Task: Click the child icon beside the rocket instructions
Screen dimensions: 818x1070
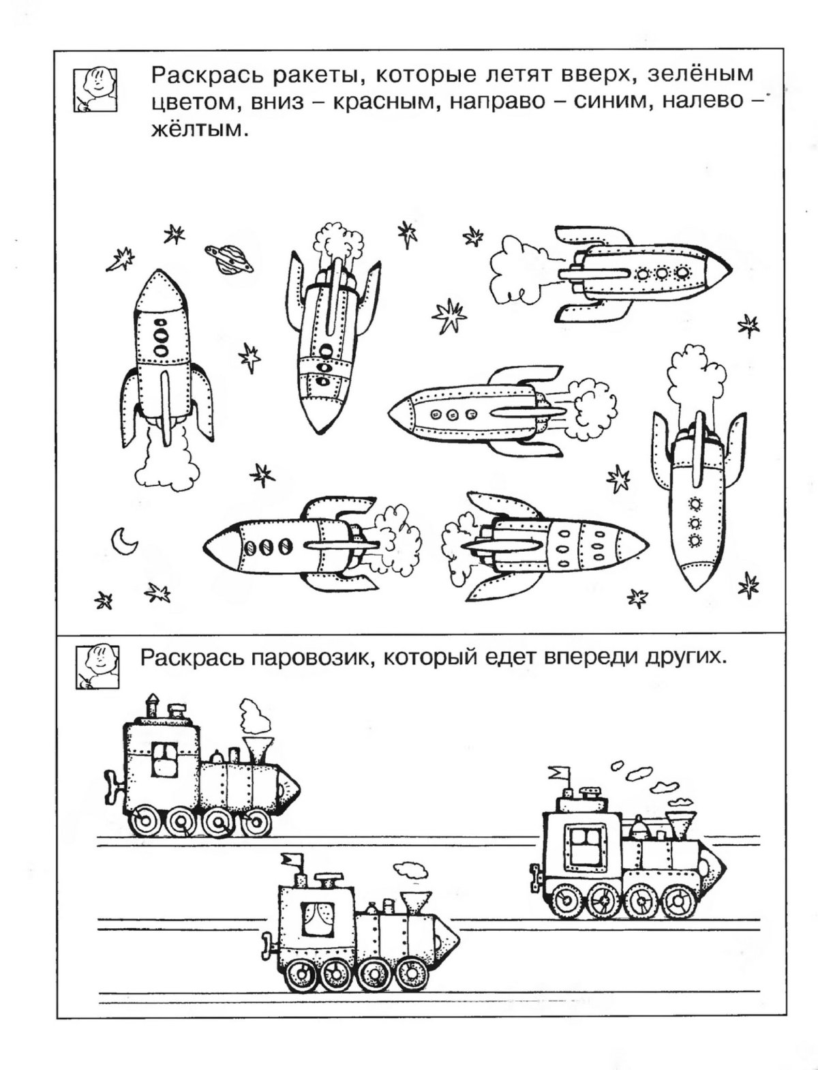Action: coord(95,88)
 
